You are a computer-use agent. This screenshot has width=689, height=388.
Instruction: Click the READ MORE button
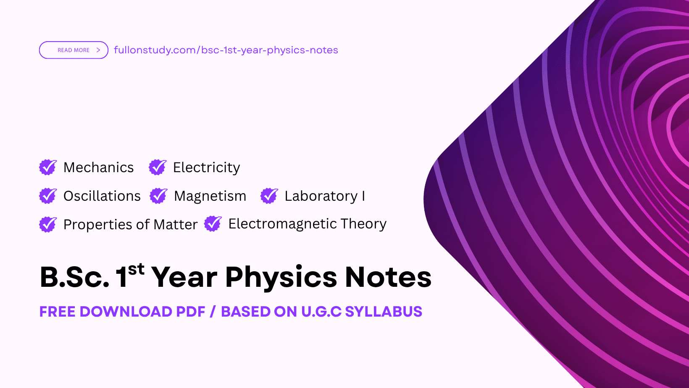[x=74, y=50]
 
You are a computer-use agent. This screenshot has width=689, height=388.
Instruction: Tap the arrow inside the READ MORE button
[x=98, y=50]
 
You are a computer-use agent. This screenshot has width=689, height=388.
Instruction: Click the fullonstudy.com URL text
[x=226, y=50]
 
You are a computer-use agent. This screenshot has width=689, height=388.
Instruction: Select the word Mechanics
[x=98, y=168]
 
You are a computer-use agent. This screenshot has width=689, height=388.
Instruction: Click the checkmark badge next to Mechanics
[x=48, y=167]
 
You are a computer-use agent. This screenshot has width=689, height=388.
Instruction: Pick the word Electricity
[x=206, y=168]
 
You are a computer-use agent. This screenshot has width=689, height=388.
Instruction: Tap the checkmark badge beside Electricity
[x=158, y=167]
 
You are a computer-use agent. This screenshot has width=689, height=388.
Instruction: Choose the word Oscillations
[x=102, y=196]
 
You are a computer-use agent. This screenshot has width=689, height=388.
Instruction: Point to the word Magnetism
[x=210, y=196]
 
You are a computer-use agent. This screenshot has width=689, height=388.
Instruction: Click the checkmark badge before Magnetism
[x=158, y=196]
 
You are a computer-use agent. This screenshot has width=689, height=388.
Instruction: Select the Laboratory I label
[x=324, y=196]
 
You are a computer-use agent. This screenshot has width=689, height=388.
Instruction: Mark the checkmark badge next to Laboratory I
[x=269, y=196]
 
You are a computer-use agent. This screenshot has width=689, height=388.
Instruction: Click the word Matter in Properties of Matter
[x=176, y=225]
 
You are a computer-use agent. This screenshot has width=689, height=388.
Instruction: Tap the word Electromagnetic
[x=282, y=224]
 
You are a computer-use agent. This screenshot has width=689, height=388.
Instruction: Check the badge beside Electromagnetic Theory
[x=213, y=224]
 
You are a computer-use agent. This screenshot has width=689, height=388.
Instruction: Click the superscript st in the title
[x=136, y=269]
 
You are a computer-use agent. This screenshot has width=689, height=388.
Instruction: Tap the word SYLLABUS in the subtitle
[x=383, y=312]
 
